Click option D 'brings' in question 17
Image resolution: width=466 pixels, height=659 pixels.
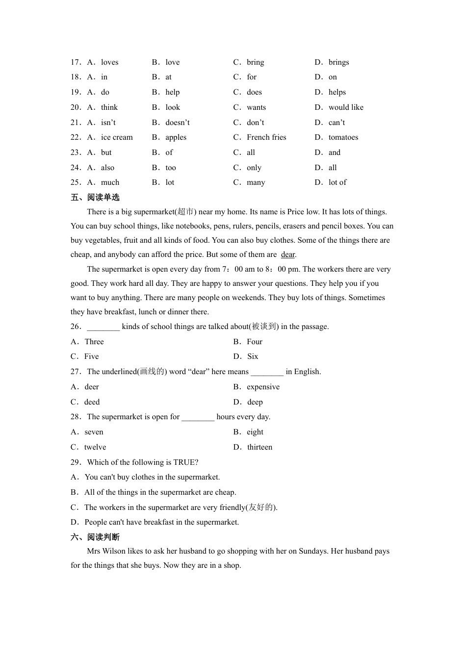click(x=338, y=62)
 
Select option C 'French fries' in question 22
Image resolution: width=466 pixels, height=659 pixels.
click(x=266, y=137)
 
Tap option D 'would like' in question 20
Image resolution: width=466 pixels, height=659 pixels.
click(x=346, y=107)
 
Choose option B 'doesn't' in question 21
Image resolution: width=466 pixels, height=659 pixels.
click(x=177, y=123)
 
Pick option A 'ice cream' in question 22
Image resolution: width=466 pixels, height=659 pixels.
click(x=117, y=137)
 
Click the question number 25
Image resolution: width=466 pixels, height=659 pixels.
click(x=76, y=182)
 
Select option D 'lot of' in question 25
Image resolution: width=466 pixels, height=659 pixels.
click(x=337, y=182)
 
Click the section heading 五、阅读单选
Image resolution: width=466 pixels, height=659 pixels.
click(x=95, y=198)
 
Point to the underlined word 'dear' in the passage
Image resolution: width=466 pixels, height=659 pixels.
click(x=288, y=254)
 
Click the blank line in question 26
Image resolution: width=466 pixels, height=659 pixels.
click(x=104, y=327)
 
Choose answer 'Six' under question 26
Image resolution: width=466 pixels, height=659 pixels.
click(x=253, y=356)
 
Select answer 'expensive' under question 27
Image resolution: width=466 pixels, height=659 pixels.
click(x=263, y=387)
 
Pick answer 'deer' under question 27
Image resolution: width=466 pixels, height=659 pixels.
click(x=92, y=387)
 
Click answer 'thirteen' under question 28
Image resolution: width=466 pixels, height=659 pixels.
click(x=259, y=447)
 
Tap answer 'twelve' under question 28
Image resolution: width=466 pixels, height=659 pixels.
click(x=95, y=447)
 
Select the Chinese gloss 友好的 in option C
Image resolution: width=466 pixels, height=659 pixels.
click(x=260, y=507)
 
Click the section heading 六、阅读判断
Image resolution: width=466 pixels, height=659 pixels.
click(x=95, y=537)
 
